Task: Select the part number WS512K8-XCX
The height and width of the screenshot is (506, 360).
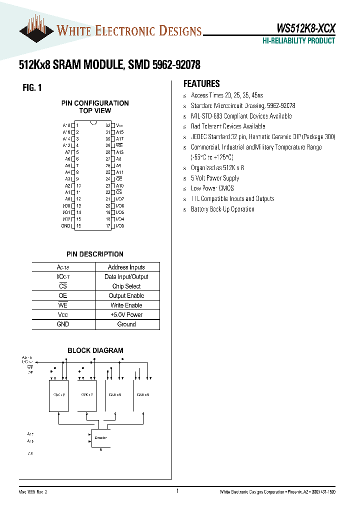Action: click(306, 29)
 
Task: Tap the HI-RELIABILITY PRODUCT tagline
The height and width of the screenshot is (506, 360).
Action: click(299, 41)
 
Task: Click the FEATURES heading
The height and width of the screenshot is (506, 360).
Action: click(201, 84)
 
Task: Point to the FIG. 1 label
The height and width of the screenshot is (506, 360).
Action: click(32, 88)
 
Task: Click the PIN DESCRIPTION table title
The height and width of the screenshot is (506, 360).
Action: click(95, 254)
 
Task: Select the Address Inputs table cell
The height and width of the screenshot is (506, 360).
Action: click(126, 267)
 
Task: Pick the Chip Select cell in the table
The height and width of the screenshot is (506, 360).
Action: click(126, 286)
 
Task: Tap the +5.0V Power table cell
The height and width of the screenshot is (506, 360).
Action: click(126, 314)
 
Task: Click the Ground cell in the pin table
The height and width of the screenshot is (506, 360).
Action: click(126, 324)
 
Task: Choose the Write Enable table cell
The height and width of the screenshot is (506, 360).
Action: click(126, 305)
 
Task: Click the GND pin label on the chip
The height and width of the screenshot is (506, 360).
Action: click(65, 226)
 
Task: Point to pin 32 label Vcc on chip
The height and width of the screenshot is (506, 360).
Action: click(120, 125)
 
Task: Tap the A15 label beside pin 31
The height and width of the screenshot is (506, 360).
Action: click(119, 132)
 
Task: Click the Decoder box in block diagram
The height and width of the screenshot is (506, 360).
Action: click(100, 437)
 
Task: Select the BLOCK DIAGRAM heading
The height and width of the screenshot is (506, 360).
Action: click(95, 350)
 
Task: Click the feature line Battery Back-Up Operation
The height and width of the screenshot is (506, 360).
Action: click(222, 209)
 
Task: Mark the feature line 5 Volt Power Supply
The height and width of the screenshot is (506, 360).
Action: click(215, 178)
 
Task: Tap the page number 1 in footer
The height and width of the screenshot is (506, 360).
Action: click(177, 491)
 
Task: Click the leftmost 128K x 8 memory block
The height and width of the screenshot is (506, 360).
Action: click(58, 395)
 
